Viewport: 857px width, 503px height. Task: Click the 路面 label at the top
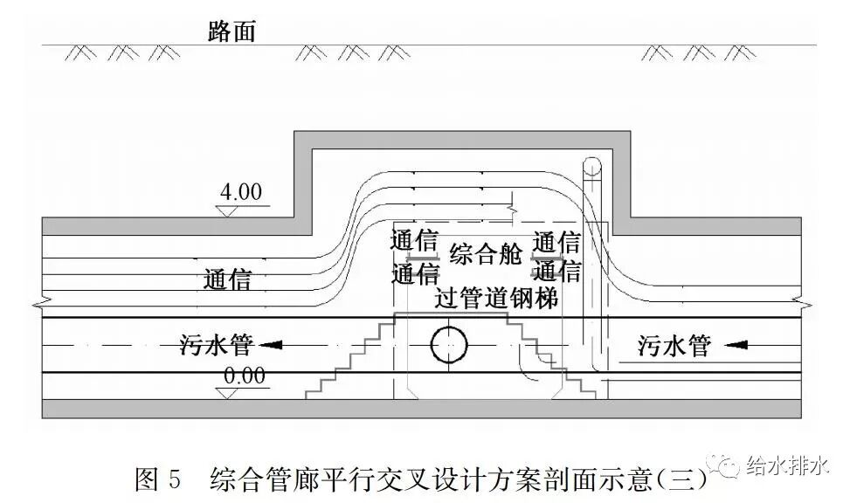[231, 31]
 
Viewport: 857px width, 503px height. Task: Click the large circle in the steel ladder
[449, 345]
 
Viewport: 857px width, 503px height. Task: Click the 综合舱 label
[485, 255]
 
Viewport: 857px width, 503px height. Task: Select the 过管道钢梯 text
[497, 297]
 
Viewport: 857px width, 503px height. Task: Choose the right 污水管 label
[674, 346]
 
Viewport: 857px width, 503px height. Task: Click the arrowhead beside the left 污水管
[273, 345]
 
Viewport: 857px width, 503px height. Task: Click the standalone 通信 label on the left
[227, 279]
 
